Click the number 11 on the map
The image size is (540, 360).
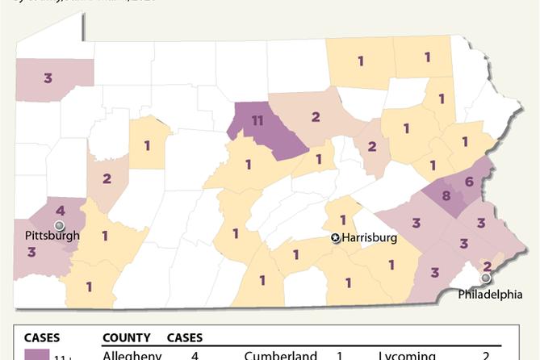click(257, 122)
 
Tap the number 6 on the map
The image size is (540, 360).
click(470, 182)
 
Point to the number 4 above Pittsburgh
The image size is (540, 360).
click(61, 210)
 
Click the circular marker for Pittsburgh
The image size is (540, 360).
click(58, 224)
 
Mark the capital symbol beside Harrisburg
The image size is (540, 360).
click(336, 238)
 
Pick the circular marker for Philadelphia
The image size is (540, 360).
click(485, 278)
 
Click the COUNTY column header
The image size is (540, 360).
click(126, 337)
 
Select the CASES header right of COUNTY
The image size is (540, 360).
click(184, 337)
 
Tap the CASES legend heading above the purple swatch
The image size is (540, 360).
click(41, 337)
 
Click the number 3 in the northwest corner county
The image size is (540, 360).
click(48, 77)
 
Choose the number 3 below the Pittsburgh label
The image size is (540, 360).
click(31, 252)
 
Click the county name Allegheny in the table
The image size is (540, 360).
click(133, 355)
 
